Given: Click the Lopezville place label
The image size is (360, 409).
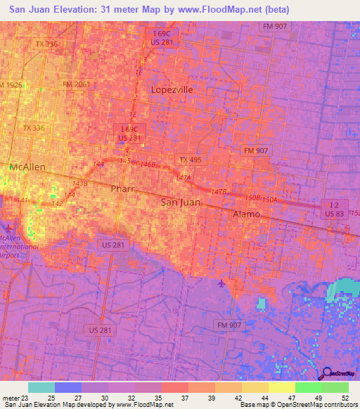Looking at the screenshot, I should tap(171, 89).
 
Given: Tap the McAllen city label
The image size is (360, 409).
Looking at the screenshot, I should tap(27, 167).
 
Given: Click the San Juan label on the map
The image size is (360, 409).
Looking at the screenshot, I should tap(181, 202).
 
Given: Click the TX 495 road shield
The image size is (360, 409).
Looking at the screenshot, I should tap(190, 160).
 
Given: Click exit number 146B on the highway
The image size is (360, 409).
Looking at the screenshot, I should tap(148, 164).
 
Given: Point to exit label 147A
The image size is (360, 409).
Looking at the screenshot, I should tap(184, 178).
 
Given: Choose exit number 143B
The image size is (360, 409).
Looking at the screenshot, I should tap(79, 183).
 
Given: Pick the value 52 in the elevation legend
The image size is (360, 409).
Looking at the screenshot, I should tap(344, 398).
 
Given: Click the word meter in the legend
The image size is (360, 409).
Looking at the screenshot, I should tap(12, 398).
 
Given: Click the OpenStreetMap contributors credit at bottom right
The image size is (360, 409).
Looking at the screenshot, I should tap(316, 405).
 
